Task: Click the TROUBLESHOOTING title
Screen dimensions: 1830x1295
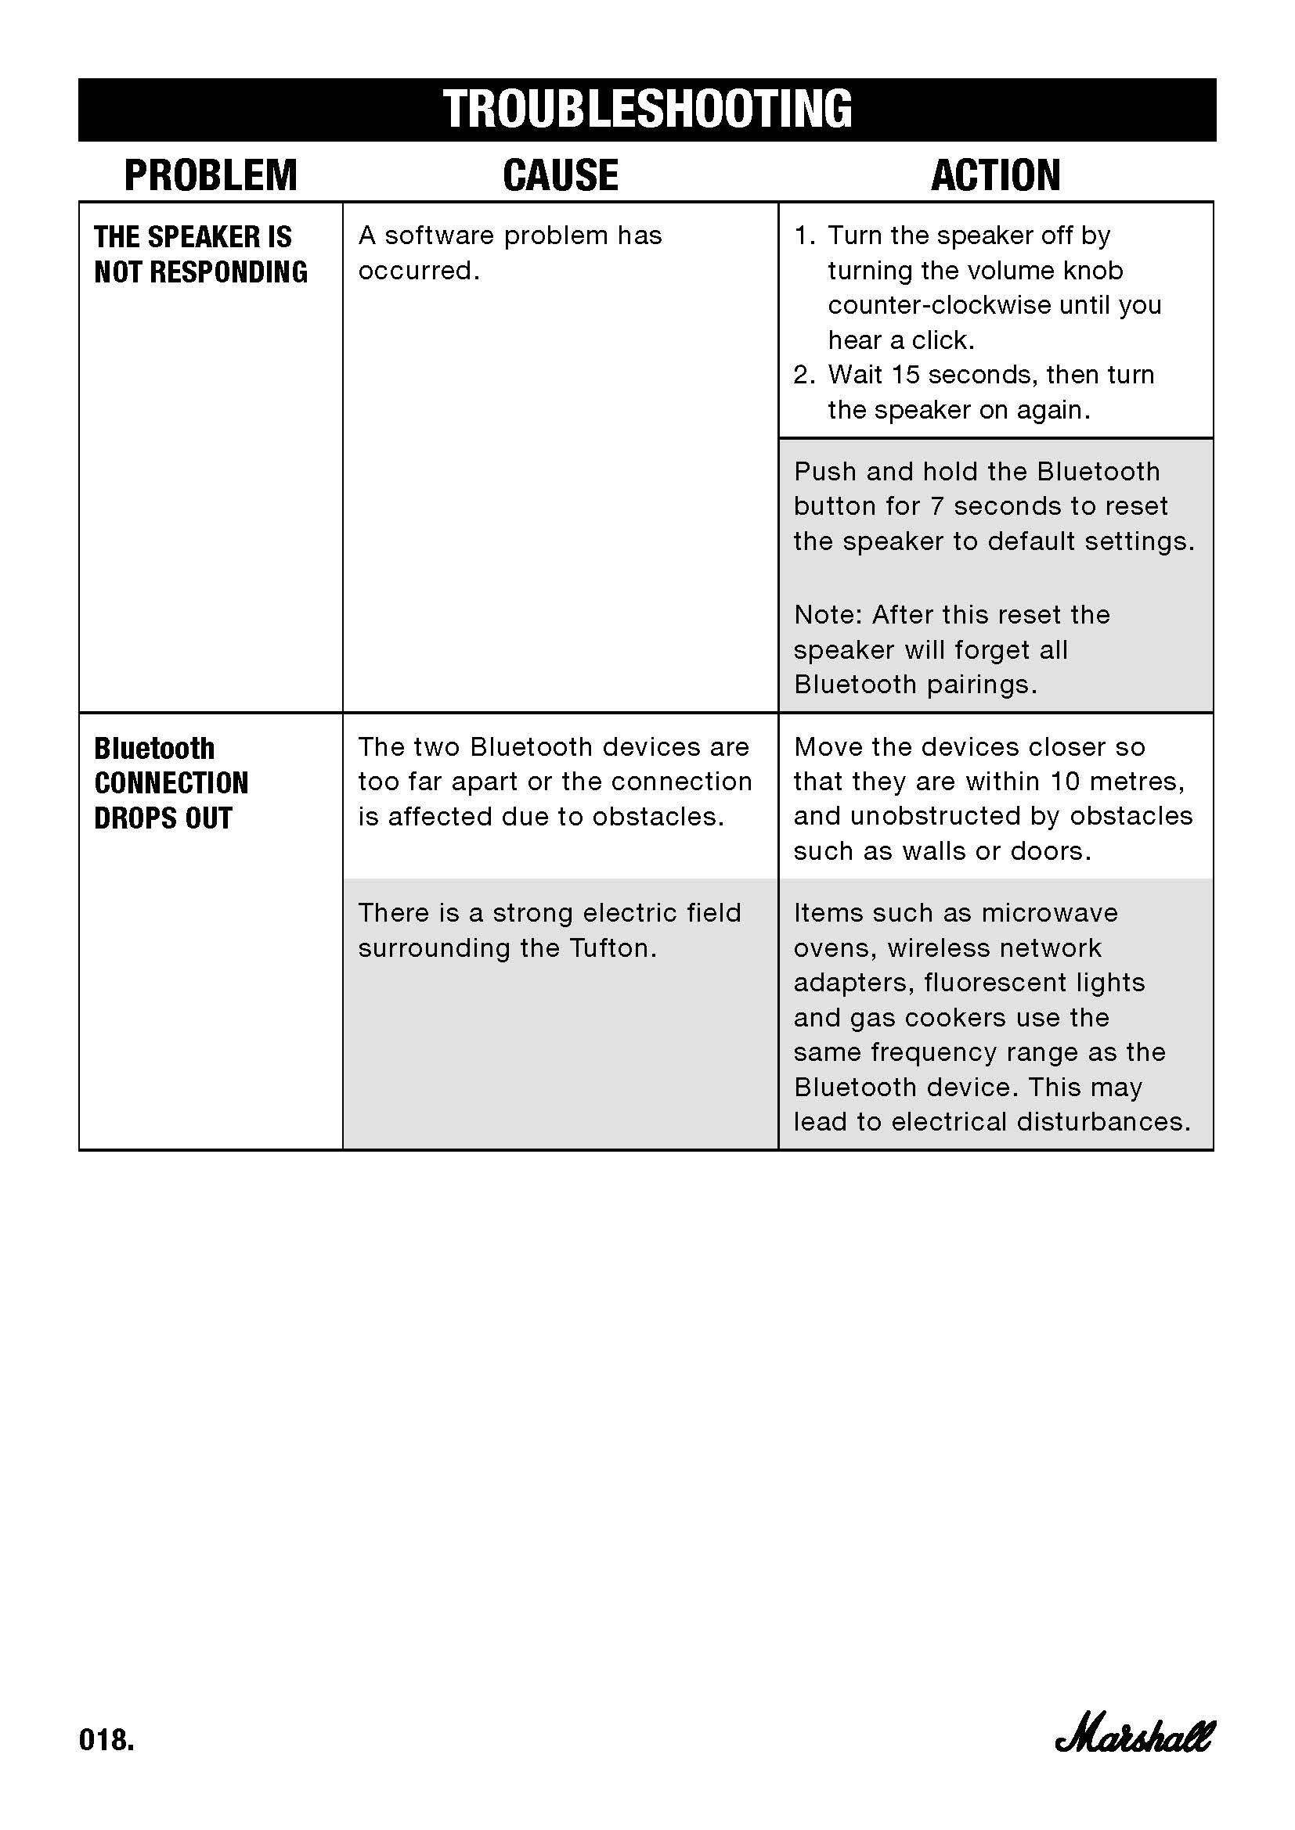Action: pyautogui.click(x=647, y=110)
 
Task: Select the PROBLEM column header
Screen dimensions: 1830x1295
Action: pyautogui.click(x=211, y=175)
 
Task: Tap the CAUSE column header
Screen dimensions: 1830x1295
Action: pyautogui.click(x=561, y=175)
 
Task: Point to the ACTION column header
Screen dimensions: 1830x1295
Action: pyautogui.click(x=995, y=175)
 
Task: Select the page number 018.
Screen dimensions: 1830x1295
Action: pyautogui.click(x=106, y=1739)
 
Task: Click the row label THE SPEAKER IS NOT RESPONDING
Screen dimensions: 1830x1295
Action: pyautogui.click(x=200, y=254)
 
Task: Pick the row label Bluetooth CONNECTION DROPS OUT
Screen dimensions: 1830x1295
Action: pyautogui.click(x=171, y=782)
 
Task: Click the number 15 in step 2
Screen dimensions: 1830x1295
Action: pyautogui.click(x=905, y=375)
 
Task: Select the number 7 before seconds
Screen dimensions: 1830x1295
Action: pyautogui.click(x=937, y=506)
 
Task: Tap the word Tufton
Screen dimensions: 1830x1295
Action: pyautogui.click(x=612, y=948)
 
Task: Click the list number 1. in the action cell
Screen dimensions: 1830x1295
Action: pyautogui.click(x=804, y=236)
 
